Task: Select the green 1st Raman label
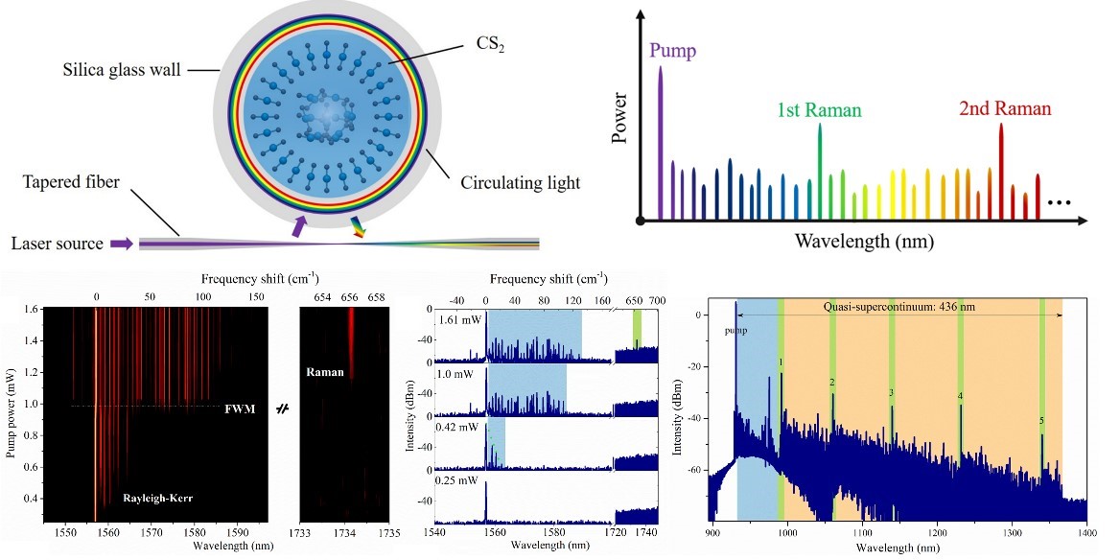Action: (821, 109)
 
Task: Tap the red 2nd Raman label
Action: (1005, 109)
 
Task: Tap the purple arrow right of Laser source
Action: (123, 244)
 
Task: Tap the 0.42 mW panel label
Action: (456, 428)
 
